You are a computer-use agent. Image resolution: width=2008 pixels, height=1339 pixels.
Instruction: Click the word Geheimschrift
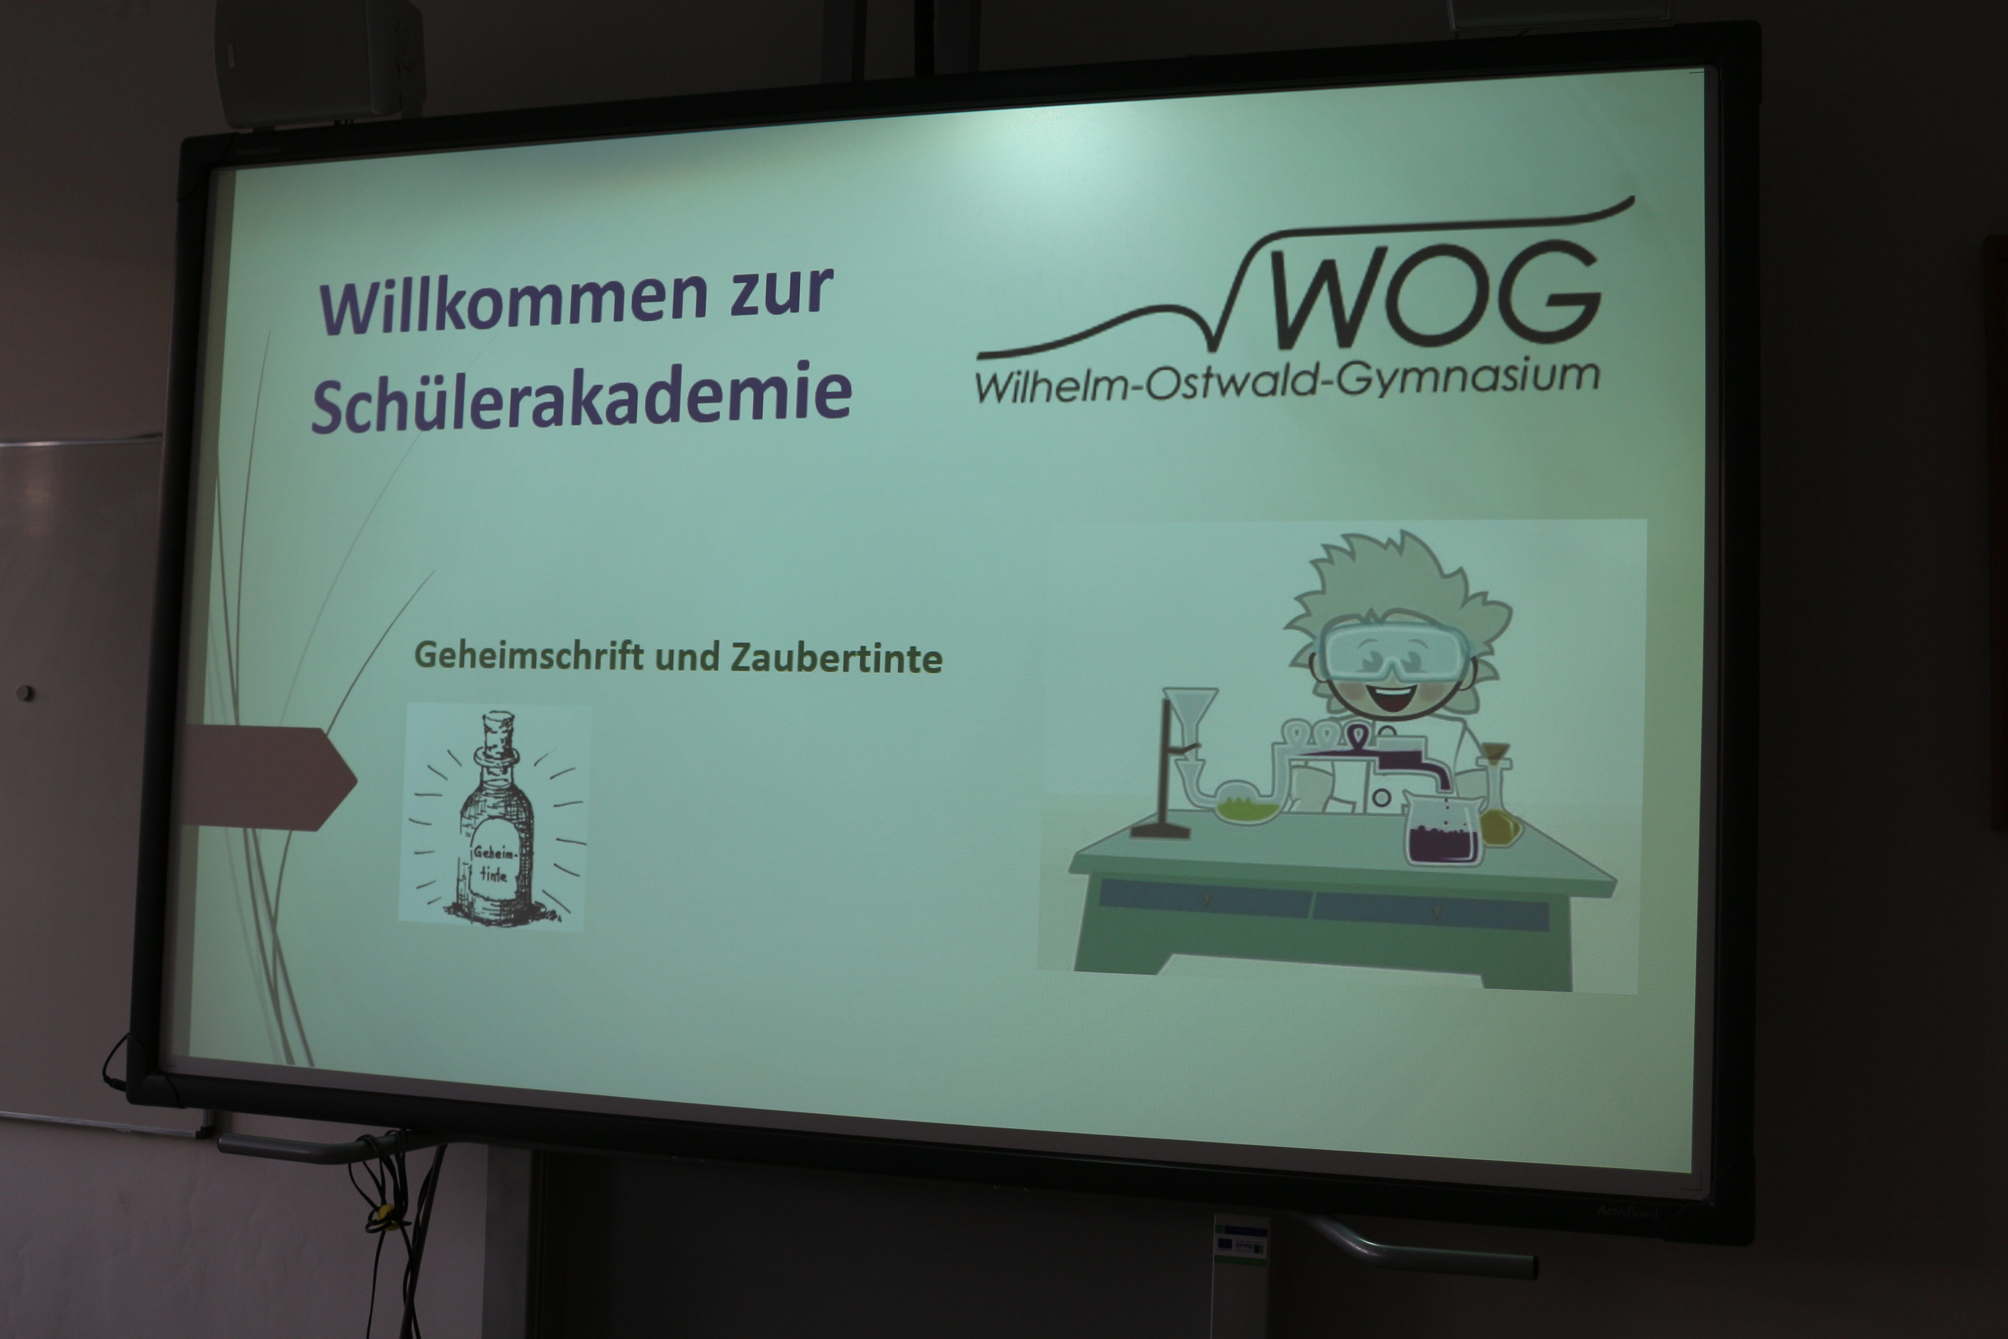(x=528, y=656)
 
